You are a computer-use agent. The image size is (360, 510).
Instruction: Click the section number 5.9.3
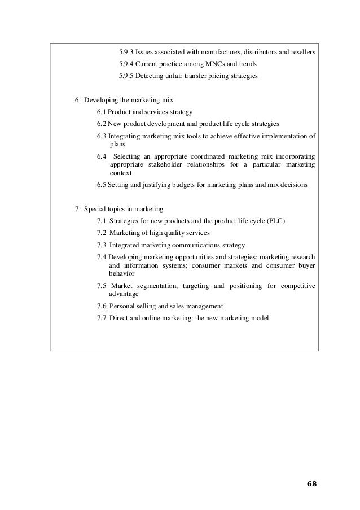[x=127, y=53]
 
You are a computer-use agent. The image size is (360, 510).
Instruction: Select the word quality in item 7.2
[x=173, y=233]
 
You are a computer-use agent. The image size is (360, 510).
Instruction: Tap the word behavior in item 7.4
[x=121, y=273]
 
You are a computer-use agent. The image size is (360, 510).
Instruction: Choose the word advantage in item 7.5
[x=123, y=294]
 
